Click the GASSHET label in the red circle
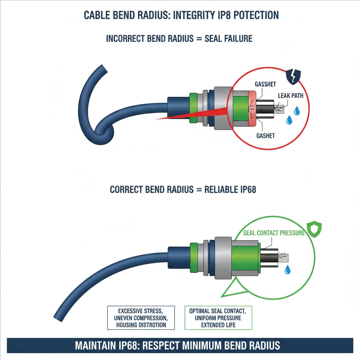pos(266,85)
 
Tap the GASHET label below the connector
pos(265,136)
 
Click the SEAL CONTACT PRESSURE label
pos(274,233)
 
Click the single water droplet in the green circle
pos(288,270)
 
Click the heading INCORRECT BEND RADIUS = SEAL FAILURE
pos(179,38)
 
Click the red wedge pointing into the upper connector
pos(197,115)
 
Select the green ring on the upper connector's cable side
pos(193,108)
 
